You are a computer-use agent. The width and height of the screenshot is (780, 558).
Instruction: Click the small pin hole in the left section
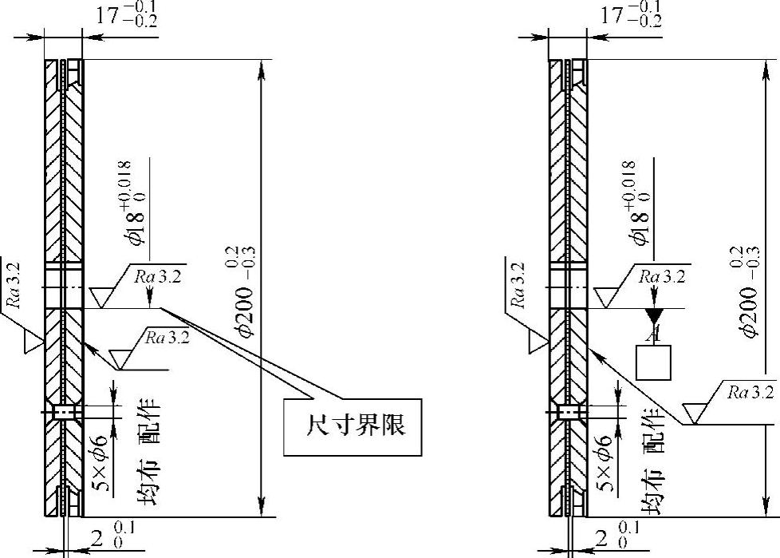pos(63,412)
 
